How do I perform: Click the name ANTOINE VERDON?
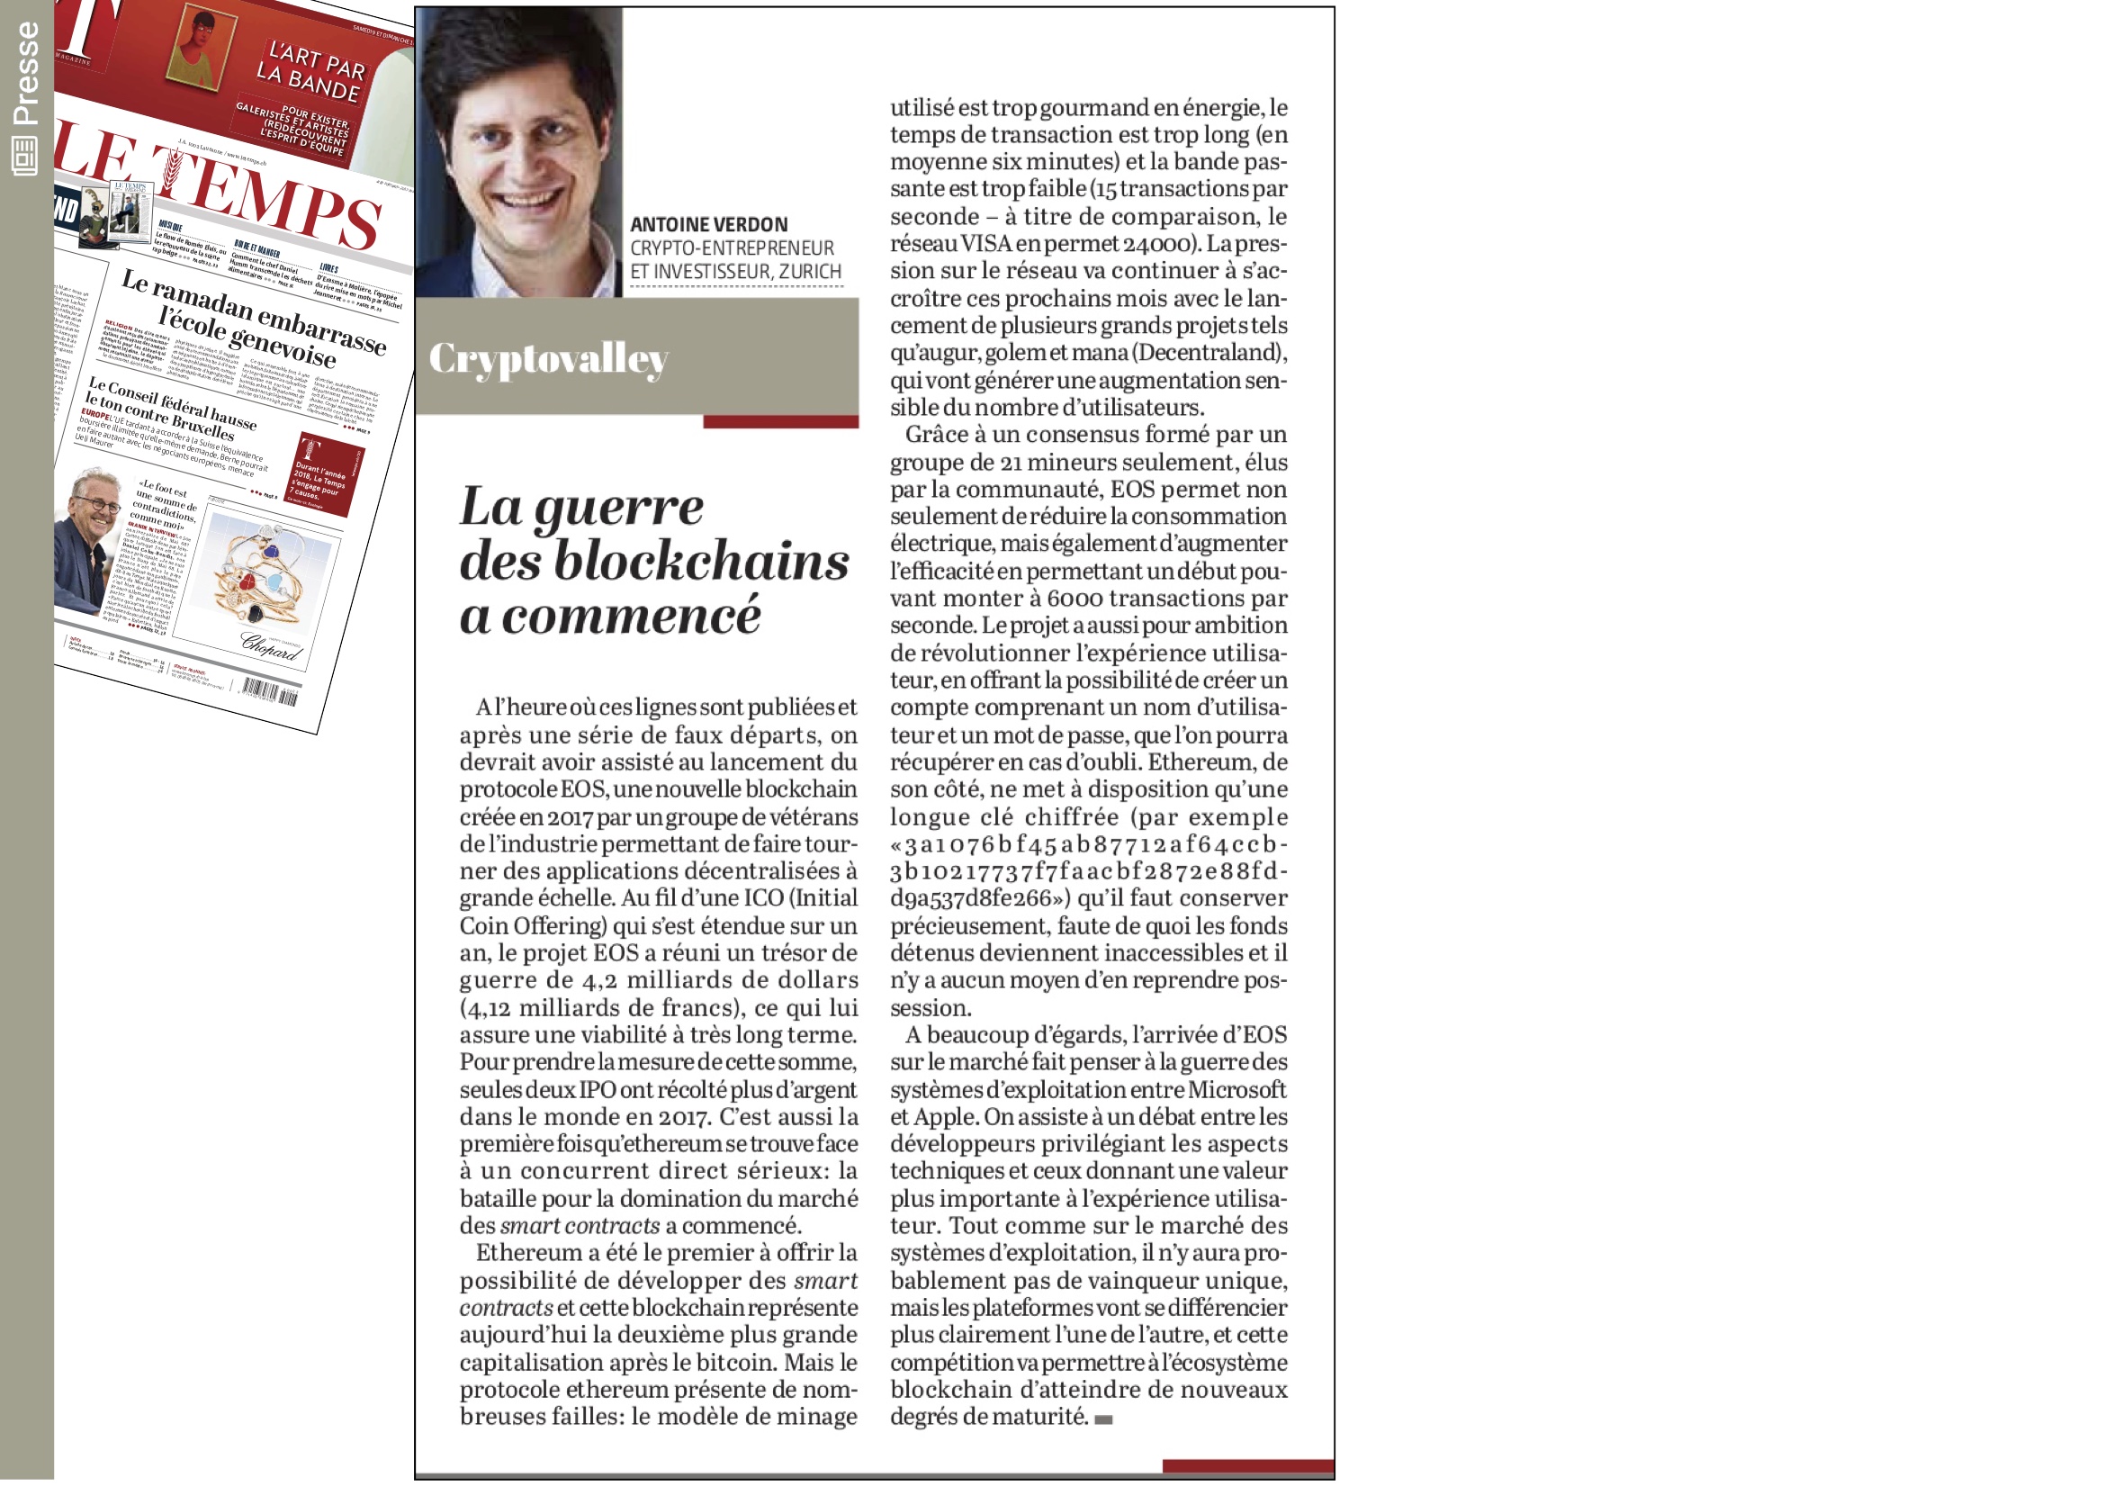(x=708, y=225)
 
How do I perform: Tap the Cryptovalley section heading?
(x=548, y=358)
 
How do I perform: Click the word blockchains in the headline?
(x=701, y=561)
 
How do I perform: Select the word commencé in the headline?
(x=632, y=615)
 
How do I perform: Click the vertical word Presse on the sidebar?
(x=26, y=73)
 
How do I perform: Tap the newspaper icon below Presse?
(x=24, y=156)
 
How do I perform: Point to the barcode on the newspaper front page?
(x=270, y=690)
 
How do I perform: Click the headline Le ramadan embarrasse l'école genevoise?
(x=252, y=316)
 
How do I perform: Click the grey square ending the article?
(x=1103, y=1419)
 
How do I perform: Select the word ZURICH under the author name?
(x=810, y=272)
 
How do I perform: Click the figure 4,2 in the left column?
(x=599, y=980)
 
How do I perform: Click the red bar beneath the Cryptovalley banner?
(x=780, y=422)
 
